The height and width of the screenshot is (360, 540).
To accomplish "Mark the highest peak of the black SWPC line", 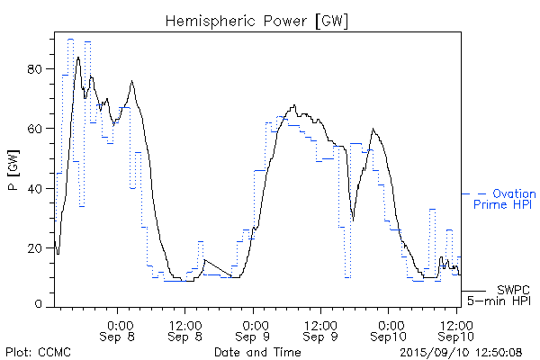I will (x=78, y=57).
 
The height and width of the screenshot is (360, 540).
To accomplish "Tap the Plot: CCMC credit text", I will (x=38, y=351).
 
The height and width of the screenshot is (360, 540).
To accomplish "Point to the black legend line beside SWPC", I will (x=474, y=291).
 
